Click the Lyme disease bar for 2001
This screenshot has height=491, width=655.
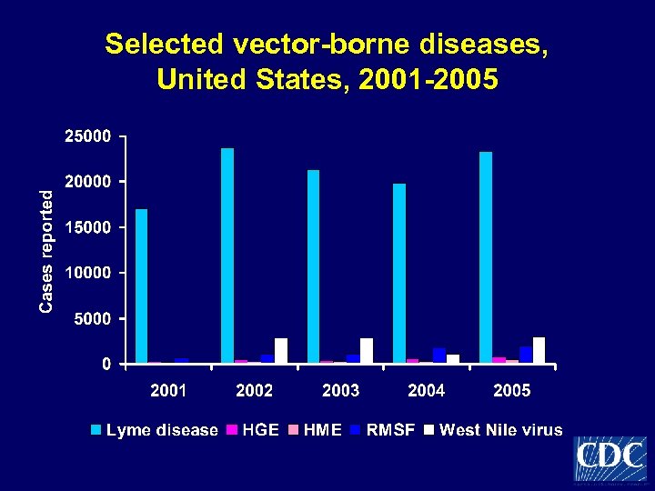click(x=141, y=286)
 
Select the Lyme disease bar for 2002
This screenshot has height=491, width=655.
click(x=227, y=256)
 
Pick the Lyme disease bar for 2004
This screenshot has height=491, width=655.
click(x=398, y=273)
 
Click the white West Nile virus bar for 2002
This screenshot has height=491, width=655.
click(x=281, y=351)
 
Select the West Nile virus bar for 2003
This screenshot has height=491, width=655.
click(x=367, y=351)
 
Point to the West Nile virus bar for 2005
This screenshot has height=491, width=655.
click(x=539, y=350)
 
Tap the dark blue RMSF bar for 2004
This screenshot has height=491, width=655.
click(x=439, y=356)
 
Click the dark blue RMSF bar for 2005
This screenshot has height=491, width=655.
click(x=526, y=355)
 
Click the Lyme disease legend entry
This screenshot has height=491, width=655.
click(x=155, y=430)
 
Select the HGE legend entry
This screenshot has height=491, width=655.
click(x=255, y=430)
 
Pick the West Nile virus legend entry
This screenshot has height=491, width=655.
click(x=493, y=430)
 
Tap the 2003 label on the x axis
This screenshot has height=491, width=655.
click(x=340, y=390)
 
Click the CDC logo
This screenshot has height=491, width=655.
click(x=610, y=458)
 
